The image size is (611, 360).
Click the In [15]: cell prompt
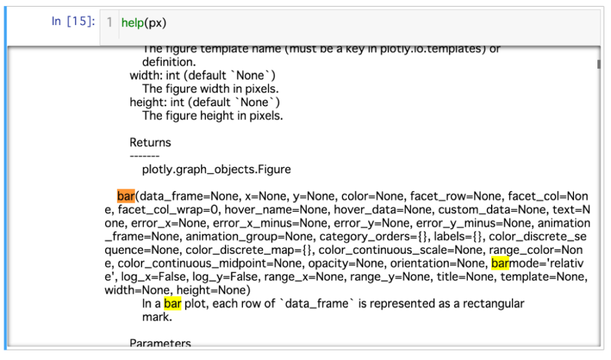[73, 22]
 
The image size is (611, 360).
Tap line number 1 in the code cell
[109, 23]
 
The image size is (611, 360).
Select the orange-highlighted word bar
[126, 196]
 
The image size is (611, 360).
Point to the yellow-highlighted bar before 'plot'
[172, 303]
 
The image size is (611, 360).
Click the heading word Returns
[150, 143]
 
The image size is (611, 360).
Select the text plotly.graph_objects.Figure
[217, 170]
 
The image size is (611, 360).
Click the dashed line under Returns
[144, 156]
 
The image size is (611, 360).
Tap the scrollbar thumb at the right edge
[598, 64]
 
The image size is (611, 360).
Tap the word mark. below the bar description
[157, 317]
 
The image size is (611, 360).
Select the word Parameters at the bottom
[161, 343]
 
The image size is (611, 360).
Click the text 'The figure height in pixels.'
[212, 116]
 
